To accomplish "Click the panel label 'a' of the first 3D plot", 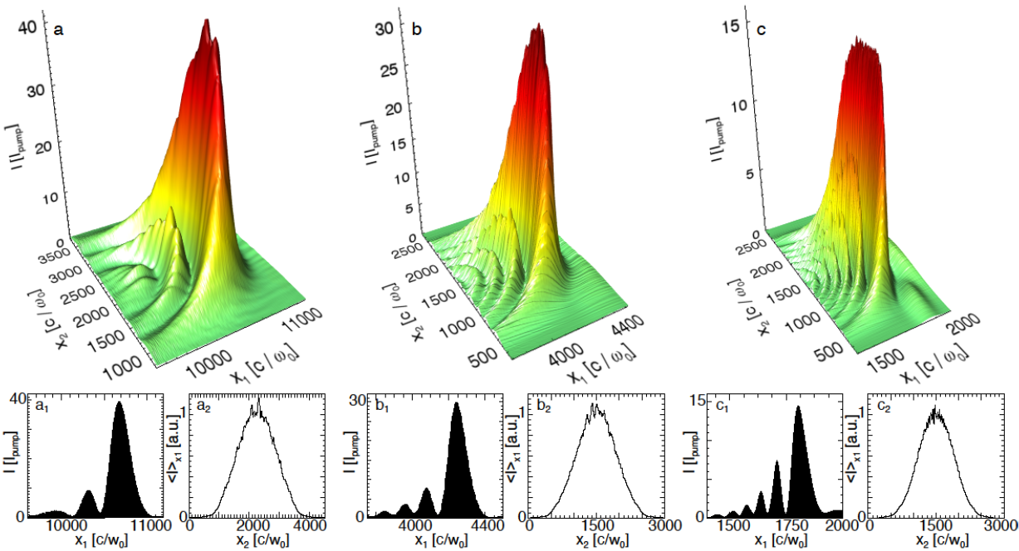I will coord(58,31).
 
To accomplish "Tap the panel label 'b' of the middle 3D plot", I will coord(417,31).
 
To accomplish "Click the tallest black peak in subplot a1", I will coord(119,403).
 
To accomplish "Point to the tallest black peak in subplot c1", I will coord(798,407).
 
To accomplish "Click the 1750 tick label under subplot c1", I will coord(799,525).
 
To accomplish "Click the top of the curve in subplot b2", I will coord(595,405).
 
